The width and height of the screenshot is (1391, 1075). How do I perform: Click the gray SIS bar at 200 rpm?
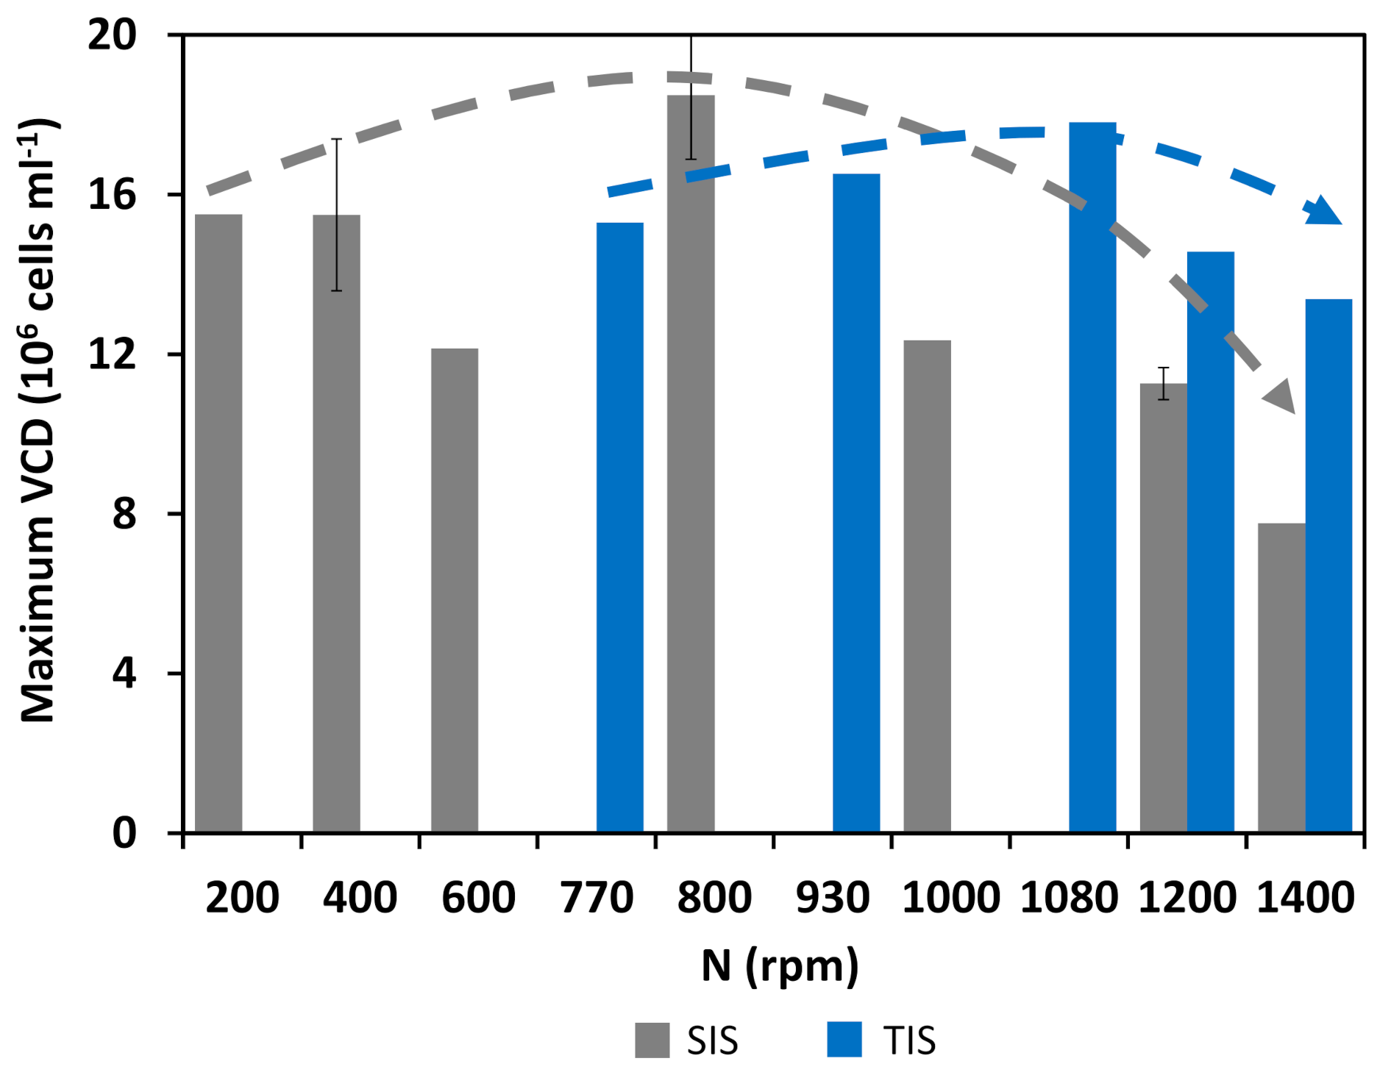coord(218,522)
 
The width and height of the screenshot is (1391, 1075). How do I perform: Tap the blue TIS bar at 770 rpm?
coord(619,526)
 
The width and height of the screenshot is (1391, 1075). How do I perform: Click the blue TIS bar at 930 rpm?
coord(856,503)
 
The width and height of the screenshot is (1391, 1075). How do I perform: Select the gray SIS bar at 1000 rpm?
coord(927,585)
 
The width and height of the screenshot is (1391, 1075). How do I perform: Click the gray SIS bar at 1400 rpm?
coord(1281,676)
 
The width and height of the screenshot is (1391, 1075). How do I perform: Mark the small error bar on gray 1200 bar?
coord(1163,383)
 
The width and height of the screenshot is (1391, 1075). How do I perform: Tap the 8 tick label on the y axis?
coord(124,514)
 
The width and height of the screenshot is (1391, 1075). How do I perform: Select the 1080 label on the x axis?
coord(1068,898)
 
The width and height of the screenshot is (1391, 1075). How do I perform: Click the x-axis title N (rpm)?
coord(780,966)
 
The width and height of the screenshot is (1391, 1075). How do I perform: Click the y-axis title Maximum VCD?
coord(37,419)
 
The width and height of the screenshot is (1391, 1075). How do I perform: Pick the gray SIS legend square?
coord(652,1040)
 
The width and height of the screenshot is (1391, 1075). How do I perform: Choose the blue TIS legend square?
coord(844,1040)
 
